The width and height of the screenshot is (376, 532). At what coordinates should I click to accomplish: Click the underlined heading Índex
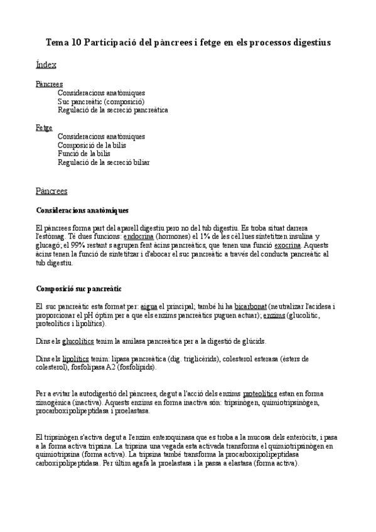point(46,65)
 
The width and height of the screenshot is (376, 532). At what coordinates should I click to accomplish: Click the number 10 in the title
point(76,42)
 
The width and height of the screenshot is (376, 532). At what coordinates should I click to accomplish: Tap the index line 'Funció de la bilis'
point(84,153)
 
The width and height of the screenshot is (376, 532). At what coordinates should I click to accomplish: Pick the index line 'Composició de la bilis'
point(92,145)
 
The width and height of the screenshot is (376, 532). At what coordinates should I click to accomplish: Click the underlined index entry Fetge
point(44,127)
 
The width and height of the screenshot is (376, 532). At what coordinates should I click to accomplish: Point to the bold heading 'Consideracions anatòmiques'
point(83,210)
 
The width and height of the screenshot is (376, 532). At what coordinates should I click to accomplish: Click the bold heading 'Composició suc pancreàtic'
point(79,289)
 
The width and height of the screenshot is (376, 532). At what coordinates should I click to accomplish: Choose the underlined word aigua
point(148,306)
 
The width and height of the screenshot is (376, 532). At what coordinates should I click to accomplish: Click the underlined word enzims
point(274,315)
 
